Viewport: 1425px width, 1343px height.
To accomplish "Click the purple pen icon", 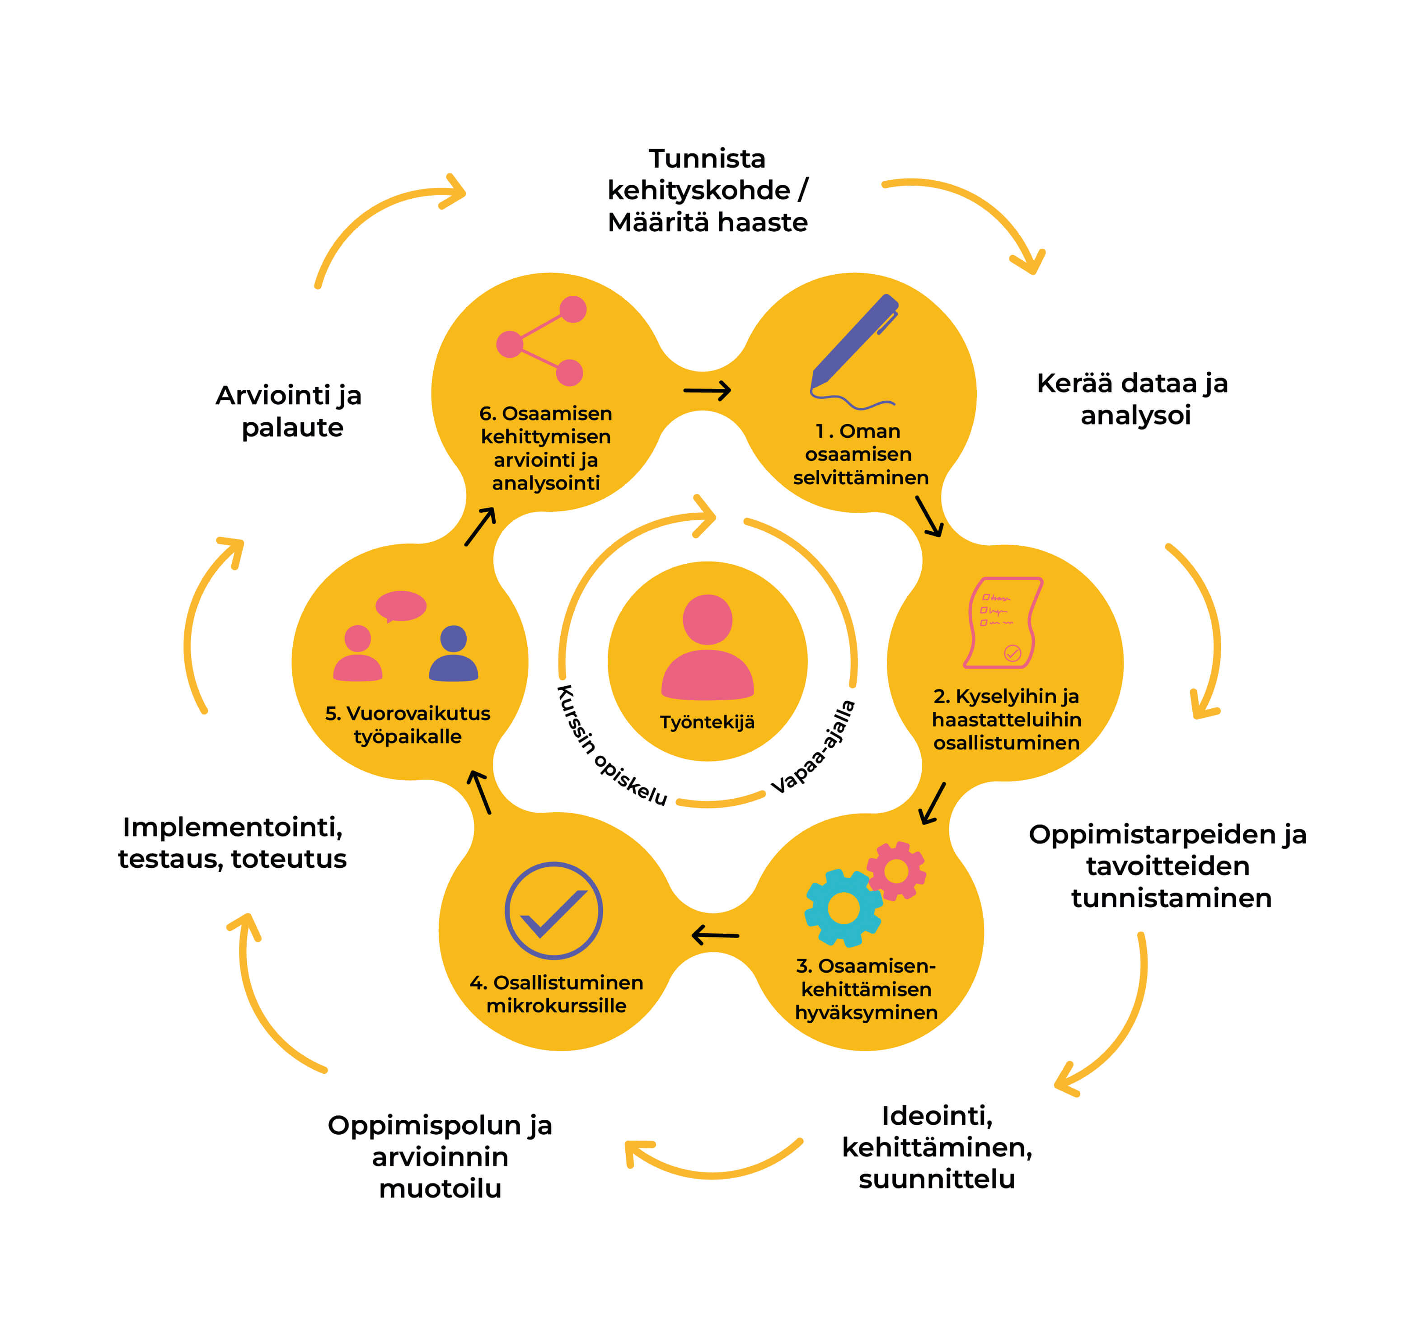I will pos(853,344).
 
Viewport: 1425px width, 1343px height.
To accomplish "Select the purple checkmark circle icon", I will pos(553,910).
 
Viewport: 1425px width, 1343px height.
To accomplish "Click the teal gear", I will pos(843,908).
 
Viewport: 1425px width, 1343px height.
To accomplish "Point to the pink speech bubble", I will pos(401,606).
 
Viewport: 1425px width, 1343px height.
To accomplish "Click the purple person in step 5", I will pos(453,654).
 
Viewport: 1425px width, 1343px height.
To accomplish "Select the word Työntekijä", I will pos(708,722).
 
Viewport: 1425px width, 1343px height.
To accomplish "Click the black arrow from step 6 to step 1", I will pos(707,391).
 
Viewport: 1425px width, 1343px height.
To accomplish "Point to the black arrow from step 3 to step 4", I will pos(715,935).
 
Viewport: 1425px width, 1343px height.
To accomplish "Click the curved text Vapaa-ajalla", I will pos(814,747).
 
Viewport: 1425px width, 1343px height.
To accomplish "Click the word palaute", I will pos(292,428).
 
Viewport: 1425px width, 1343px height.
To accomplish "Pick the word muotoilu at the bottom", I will pos(440,1188).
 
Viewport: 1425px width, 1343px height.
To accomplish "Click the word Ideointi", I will pos(937,1116).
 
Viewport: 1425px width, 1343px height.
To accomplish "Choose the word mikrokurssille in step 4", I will pos(556,1006).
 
